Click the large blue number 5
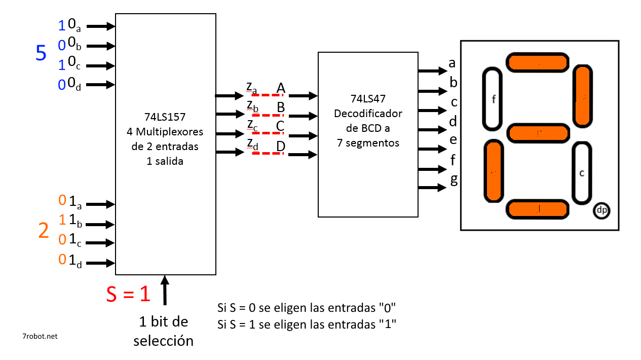tap(41, 53)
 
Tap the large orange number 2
tap(44, 231)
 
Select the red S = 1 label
tap(128, 294)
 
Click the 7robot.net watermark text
tap(40, 336)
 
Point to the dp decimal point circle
tap(601, 210)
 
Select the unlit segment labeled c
tap(582, 172)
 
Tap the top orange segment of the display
tap(537, 62)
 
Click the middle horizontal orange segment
tap(538, 133)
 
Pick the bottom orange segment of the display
tap(538, 209)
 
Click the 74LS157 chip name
tap(165, 117)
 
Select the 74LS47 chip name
tap(368, 99)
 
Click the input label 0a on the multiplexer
tap(74, 25)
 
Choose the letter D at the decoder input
tap(281, 147)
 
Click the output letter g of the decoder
tap(454, 180)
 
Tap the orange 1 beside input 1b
tap(62, 220)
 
